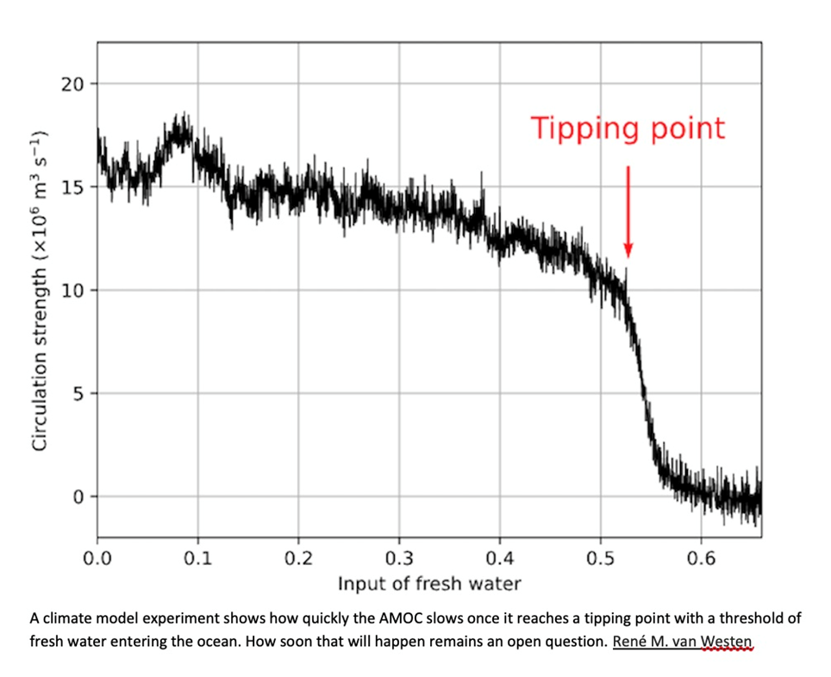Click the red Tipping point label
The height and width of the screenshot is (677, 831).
pos(628,129)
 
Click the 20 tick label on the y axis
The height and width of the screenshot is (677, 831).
pos(73,85)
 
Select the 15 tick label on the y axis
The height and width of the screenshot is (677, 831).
pos(73,187)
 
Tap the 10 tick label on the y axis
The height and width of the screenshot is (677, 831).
pos(73,291)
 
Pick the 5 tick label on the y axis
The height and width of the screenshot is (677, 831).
pos(78,393)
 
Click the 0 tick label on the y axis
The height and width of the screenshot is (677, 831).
pos(78,497)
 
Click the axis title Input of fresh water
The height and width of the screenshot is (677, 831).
pos(428,584)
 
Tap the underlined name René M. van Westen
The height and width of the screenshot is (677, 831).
pos(683,643)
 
